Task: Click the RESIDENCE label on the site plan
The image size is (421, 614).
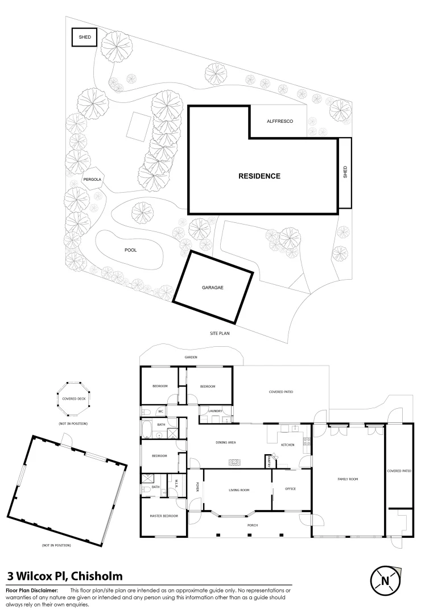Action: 259,176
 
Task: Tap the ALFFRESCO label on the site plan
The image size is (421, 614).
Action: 279,121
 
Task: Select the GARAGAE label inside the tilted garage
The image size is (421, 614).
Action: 212,288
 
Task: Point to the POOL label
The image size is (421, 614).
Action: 131,250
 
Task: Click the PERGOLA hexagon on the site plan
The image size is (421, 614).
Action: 92,180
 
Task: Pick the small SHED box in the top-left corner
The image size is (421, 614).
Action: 84,38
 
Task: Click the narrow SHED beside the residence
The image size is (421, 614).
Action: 345,173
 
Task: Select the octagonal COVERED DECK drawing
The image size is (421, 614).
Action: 73,399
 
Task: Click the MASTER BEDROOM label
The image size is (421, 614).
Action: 164,516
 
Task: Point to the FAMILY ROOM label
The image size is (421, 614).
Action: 348,480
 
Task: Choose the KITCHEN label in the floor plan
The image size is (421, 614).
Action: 287,445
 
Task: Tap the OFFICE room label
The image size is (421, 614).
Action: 290,489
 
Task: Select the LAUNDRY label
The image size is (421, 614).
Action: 214,410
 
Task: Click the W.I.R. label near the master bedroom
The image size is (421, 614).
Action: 176,484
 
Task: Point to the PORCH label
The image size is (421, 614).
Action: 253,525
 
